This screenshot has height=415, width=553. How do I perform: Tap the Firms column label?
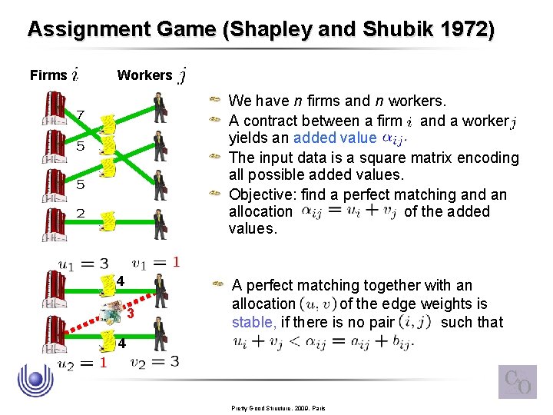[x=48, y=75]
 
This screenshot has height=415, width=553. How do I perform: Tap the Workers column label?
[x=144, y=75]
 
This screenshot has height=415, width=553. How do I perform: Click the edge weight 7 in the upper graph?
[x=80, y=115]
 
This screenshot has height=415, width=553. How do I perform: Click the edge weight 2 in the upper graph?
[x=80, y=213]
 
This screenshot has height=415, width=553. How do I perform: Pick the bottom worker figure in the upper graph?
[x=160, y=224]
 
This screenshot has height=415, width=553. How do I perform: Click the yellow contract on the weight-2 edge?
[x=110, y=221]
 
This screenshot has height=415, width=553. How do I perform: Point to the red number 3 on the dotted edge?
[x=131, y=314]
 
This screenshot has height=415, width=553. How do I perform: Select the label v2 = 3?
[x=154, y=362]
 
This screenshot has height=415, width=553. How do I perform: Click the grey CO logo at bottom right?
[x=517, y=381]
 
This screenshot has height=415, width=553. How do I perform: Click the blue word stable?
[x=250, y=322]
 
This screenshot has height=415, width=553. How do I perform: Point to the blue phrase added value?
[x=335, y=139]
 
